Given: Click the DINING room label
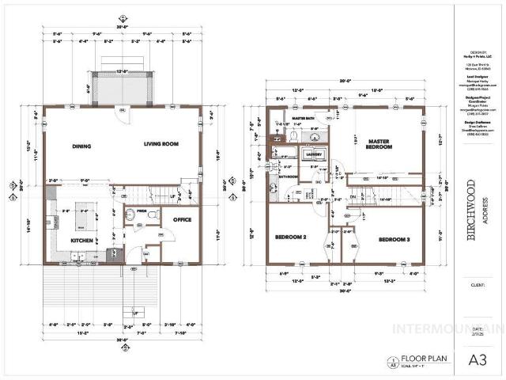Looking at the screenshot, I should (81, 146).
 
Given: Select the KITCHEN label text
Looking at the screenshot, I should (82, 240).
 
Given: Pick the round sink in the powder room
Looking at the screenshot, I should (130, 215).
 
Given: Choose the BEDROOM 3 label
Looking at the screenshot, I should (393, 239).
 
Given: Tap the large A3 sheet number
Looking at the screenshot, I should (478, 359).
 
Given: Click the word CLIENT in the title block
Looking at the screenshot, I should (478, 283).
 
